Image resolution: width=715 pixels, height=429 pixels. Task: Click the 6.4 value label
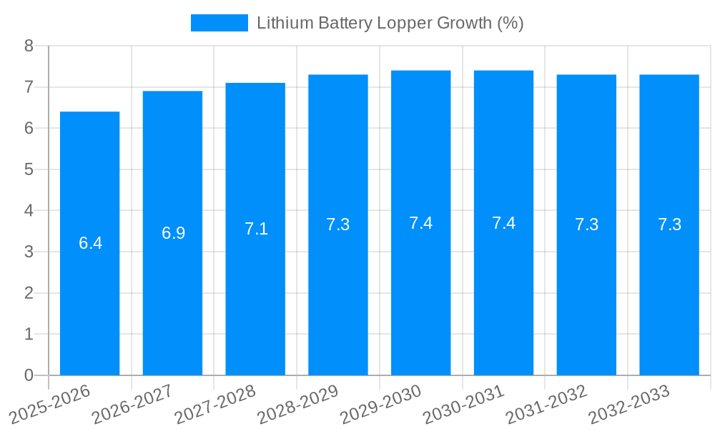point(90,243)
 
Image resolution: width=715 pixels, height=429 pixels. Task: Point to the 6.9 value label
point(173,233)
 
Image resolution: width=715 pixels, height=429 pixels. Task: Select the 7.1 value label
point(256,229)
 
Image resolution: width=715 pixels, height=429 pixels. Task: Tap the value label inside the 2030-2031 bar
point(503,223)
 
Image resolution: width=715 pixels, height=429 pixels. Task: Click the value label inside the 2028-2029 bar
point(338,225)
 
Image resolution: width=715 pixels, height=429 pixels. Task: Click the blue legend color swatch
point(219,23)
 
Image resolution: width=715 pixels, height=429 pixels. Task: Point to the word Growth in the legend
point(463,23)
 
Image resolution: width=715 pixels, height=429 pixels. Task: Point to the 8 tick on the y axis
point(29,46)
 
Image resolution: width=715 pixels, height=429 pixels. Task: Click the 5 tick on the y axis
point(29,169)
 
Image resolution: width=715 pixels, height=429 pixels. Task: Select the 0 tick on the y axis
point(29,375)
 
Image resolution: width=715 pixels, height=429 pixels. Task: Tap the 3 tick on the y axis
point(29,252)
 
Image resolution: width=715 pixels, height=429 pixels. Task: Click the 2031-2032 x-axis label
point(547,405)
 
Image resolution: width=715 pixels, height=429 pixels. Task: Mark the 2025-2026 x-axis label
point(51,405)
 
